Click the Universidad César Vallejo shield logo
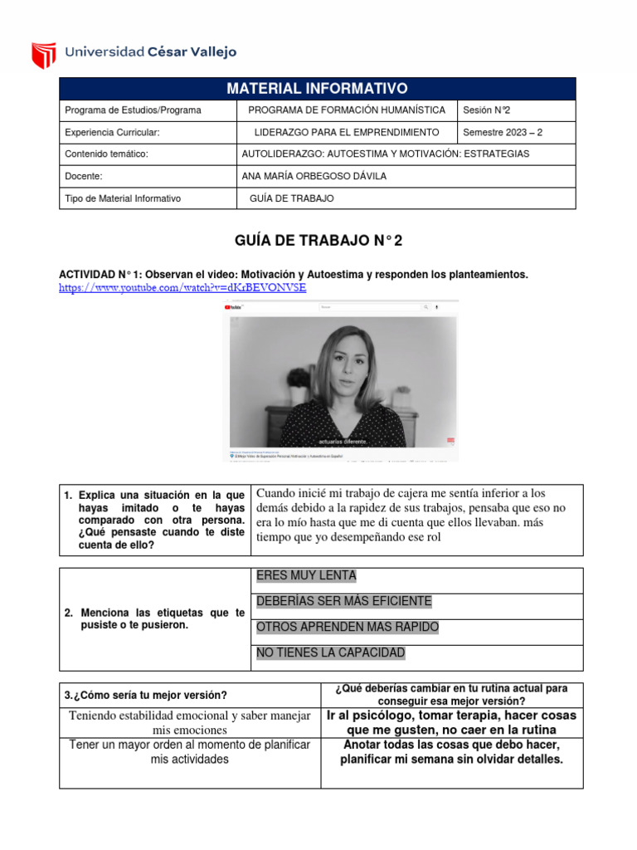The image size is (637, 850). [x=44, y=55]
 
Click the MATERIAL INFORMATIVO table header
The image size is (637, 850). [x=317, y=89]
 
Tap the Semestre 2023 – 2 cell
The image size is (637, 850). [x=503, y=132]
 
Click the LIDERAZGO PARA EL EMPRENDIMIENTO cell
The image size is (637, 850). [x=346, y=132]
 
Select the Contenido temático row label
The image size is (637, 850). [x=106, y=154]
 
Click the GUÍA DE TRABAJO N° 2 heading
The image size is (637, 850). [x=318, y=241]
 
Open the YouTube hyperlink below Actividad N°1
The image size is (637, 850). [x=182, y=287]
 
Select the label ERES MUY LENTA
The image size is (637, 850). [x=306, y=576]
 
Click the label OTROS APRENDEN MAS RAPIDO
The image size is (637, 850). [x=348, y=628]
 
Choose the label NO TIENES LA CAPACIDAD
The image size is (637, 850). [x=331, y=653]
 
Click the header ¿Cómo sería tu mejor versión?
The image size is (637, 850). [x=146, y=695]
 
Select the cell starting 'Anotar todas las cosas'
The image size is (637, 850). [x=451, y=752]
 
